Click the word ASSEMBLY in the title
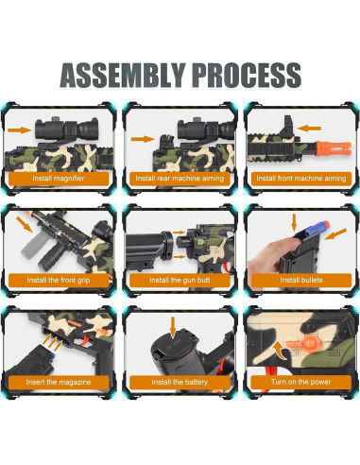123,75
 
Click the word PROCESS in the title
247,75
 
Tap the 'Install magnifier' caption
59,179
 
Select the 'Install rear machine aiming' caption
180,179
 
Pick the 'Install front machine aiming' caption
301,179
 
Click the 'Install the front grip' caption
59,280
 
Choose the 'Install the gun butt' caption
180,280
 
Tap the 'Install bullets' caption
301,280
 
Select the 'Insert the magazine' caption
59,382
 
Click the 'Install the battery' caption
180,382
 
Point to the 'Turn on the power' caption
301,382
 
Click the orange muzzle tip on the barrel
334,148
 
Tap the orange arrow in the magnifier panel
20,129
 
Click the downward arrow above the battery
173,328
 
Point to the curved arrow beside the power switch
279,351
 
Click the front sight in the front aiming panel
287,127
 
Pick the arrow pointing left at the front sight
309,129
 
